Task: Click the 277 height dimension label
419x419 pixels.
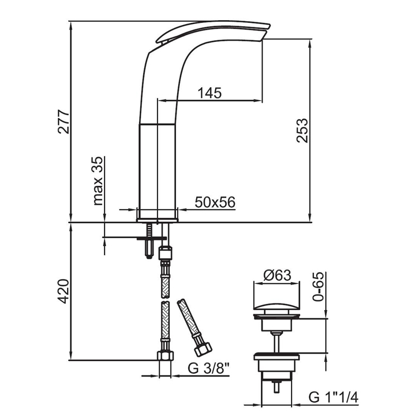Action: (64, 121)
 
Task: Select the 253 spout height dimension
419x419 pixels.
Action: (302, 130)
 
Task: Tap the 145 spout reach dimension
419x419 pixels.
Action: (209, 93)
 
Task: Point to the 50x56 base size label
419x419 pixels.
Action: (215, 202)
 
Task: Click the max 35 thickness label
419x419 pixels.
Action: (98, 181)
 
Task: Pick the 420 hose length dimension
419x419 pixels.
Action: (64, 291)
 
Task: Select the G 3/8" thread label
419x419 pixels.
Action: (209, 369)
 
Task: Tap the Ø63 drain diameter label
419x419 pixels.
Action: (277, 275)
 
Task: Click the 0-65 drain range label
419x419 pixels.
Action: (318, 287)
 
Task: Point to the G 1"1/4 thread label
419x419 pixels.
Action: (334, 397)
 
